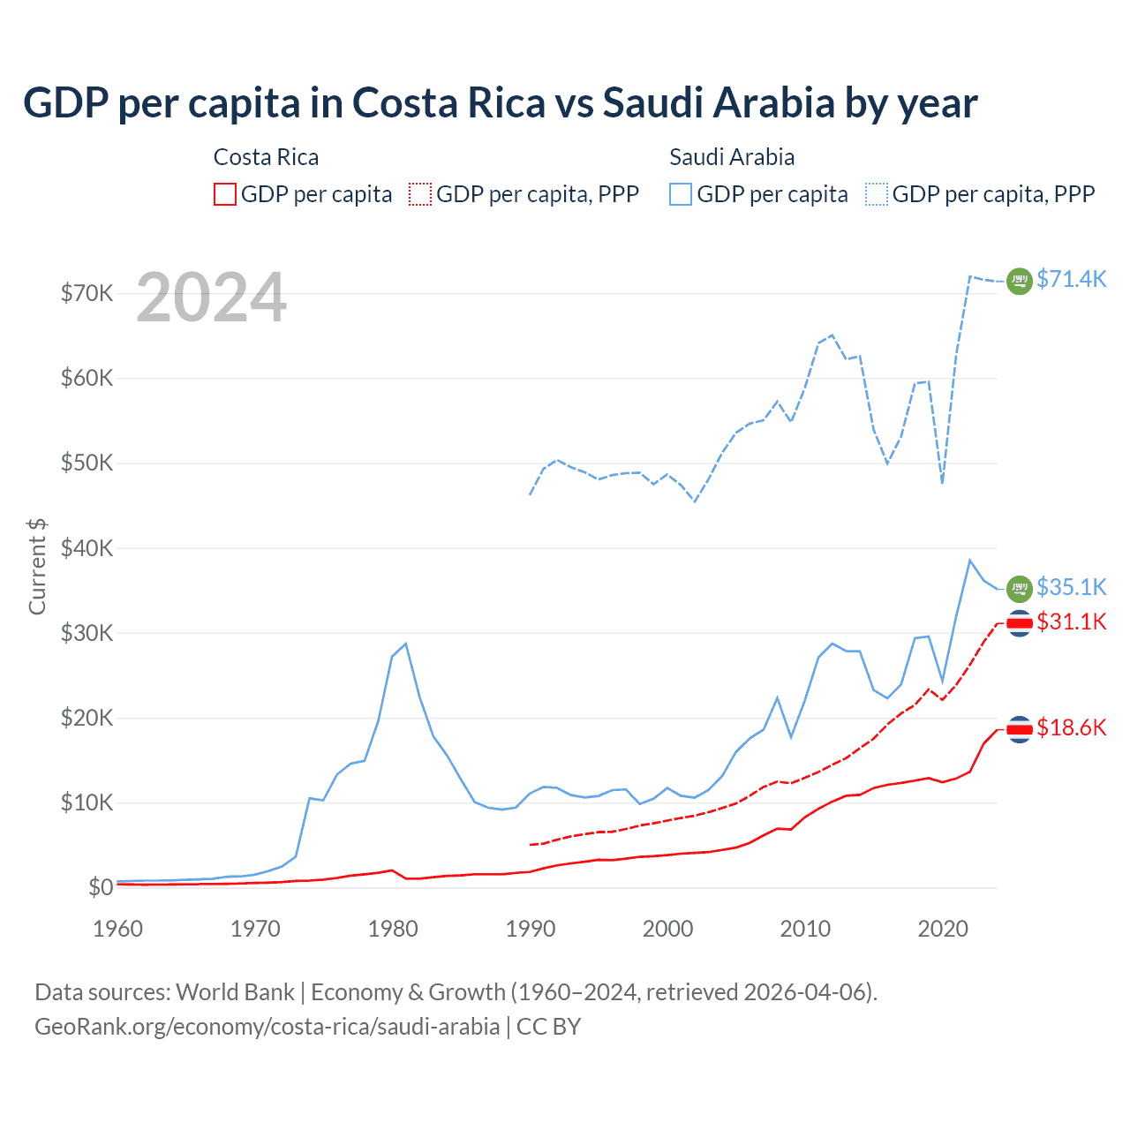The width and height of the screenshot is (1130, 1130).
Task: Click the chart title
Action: pyautogui.click(x=500, y=103)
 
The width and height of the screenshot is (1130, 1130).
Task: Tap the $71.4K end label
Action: pyautogui.click(x=1071, y=279)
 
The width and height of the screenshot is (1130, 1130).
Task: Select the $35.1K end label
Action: pyautogui.click(x=1071, y=587)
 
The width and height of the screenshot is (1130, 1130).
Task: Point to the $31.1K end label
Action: pyautogui.click(x=1071, y=621)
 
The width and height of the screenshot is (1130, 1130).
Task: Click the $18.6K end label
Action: pyautogui.click(x=1071, y=727)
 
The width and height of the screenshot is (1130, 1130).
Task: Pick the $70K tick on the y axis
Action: pyautogui.click(x=87, y=293)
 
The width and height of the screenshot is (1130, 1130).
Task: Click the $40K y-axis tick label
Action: pyautogui.click(x=87, y=548)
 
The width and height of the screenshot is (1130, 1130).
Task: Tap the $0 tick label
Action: pyautogui.click(x=101, y=887)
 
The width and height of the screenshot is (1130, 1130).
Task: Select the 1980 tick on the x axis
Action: pyautogui.click(x=393, y=929)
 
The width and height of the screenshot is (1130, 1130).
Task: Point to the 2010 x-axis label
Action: pyautogui.click(x=805, y=929)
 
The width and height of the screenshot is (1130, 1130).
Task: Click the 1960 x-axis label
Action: pyautogui.click(x=117, y=929)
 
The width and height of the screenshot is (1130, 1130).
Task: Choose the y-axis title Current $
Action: pyautogui.click(x=37, y=566)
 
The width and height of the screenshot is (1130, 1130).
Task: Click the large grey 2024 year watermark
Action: pyautogui.click(x=211, y=298)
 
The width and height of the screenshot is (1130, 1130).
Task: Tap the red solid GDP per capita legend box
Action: pyautogui.click(x=225, y=194)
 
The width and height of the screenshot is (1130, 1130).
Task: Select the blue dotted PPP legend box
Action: pyautogui.click(x=877, y=194)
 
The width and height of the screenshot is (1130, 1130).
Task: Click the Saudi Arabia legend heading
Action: pyautogui.click(x=732, y=157)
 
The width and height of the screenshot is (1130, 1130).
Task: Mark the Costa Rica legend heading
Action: pyautogui.click(x=266, y=157)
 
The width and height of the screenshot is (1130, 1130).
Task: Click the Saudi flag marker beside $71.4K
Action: pyautogui.click(x=1020, y=281)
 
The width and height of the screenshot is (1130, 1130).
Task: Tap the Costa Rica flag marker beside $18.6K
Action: pyautogui.click(x=1020, y=729)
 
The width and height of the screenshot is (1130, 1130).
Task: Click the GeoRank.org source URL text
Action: pyautogui.click(x=267, y=1027)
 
